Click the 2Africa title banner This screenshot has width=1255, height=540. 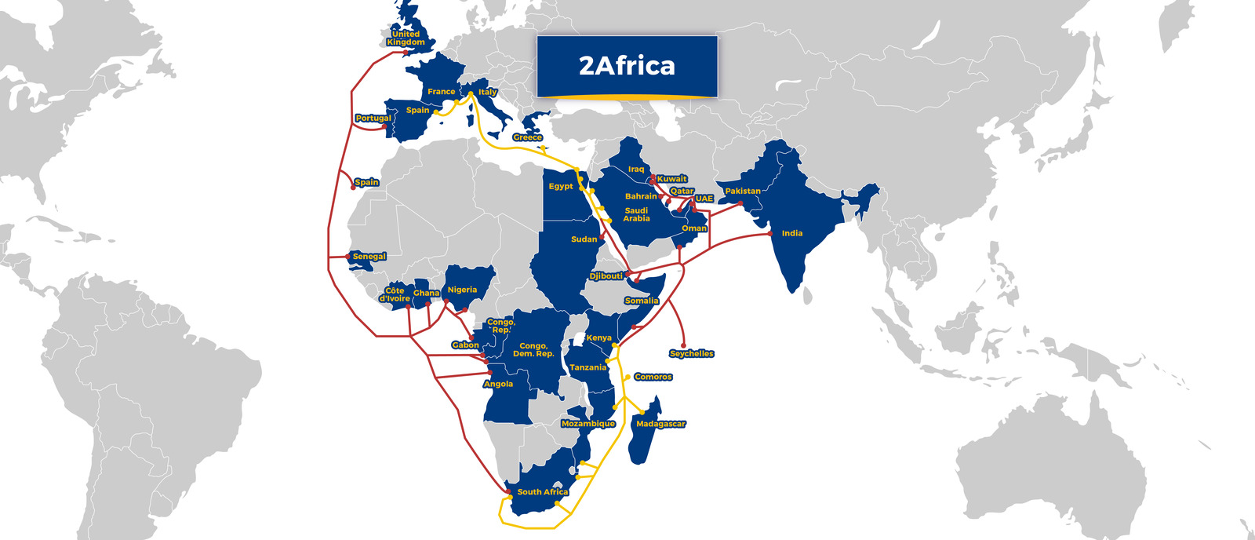point(627,66)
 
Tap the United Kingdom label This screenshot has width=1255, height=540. point(406,38)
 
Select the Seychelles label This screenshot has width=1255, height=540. point(691,354)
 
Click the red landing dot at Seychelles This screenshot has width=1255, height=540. point(684,345)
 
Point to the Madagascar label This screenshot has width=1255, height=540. point(660,424)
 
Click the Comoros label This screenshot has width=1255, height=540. point(653,377)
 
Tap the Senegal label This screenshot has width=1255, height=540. point(369,257)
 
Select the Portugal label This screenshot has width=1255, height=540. point(373,119)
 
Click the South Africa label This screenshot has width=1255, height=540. point(542,492)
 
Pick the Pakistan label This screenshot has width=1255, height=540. point(742,191)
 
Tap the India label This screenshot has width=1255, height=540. point(791,233)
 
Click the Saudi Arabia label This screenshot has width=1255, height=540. point(636,214)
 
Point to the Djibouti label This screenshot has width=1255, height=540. point(606,276)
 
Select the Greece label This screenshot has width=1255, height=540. point(527,137)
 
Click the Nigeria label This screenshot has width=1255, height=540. point(462,290)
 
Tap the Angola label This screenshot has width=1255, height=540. point(498,384)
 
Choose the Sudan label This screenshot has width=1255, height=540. point(584,239)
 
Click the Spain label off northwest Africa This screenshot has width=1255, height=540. point(366,182)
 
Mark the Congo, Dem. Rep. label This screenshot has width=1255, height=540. point(533,349)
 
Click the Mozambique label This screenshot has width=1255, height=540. point(588,424)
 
